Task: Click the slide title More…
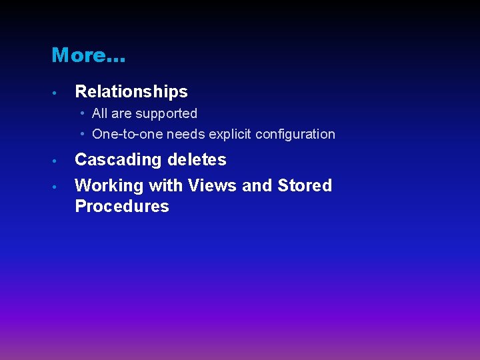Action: pyautogui.click(x=88, y=55)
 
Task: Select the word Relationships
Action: pyautogui.click(x=131, y=91)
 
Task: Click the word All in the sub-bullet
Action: pyautogui.click(x=100, y=113)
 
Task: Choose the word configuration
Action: pyautogui.click(x=295, y=134)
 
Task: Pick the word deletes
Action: pyautogui.click(x=197, y=160)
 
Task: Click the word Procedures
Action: pyautogui.click(x=122, y=206)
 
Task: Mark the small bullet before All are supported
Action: pyautogui.click(x=82, y=113)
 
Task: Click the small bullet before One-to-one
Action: pyautogui.click(x=82, y=134)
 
